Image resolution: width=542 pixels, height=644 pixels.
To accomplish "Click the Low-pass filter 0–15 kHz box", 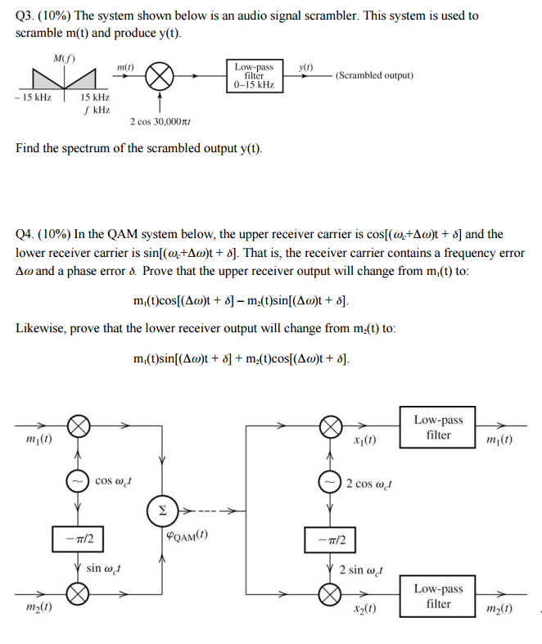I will [254, 75].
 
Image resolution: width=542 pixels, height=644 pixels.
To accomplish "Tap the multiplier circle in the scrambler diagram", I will [160, 78].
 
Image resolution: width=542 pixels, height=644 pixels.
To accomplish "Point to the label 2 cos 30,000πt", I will [160, 122].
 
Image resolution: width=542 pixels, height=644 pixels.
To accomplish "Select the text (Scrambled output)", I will [374, 75].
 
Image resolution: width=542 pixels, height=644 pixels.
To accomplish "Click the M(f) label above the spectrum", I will [64, 58].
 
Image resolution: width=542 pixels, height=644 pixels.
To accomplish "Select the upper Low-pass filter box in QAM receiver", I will [438, 427].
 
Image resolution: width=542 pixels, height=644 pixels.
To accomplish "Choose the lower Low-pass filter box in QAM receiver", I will [438, 596].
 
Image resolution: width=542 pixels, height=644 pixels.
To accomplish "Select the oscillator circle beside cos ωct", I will [77, 480].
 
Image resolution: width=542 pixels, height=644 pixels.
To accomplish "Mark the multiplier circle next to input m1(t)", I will [77, 426].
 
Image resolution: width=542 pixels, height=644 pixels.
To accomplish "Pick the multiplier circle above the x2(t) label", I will [330, 595].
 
